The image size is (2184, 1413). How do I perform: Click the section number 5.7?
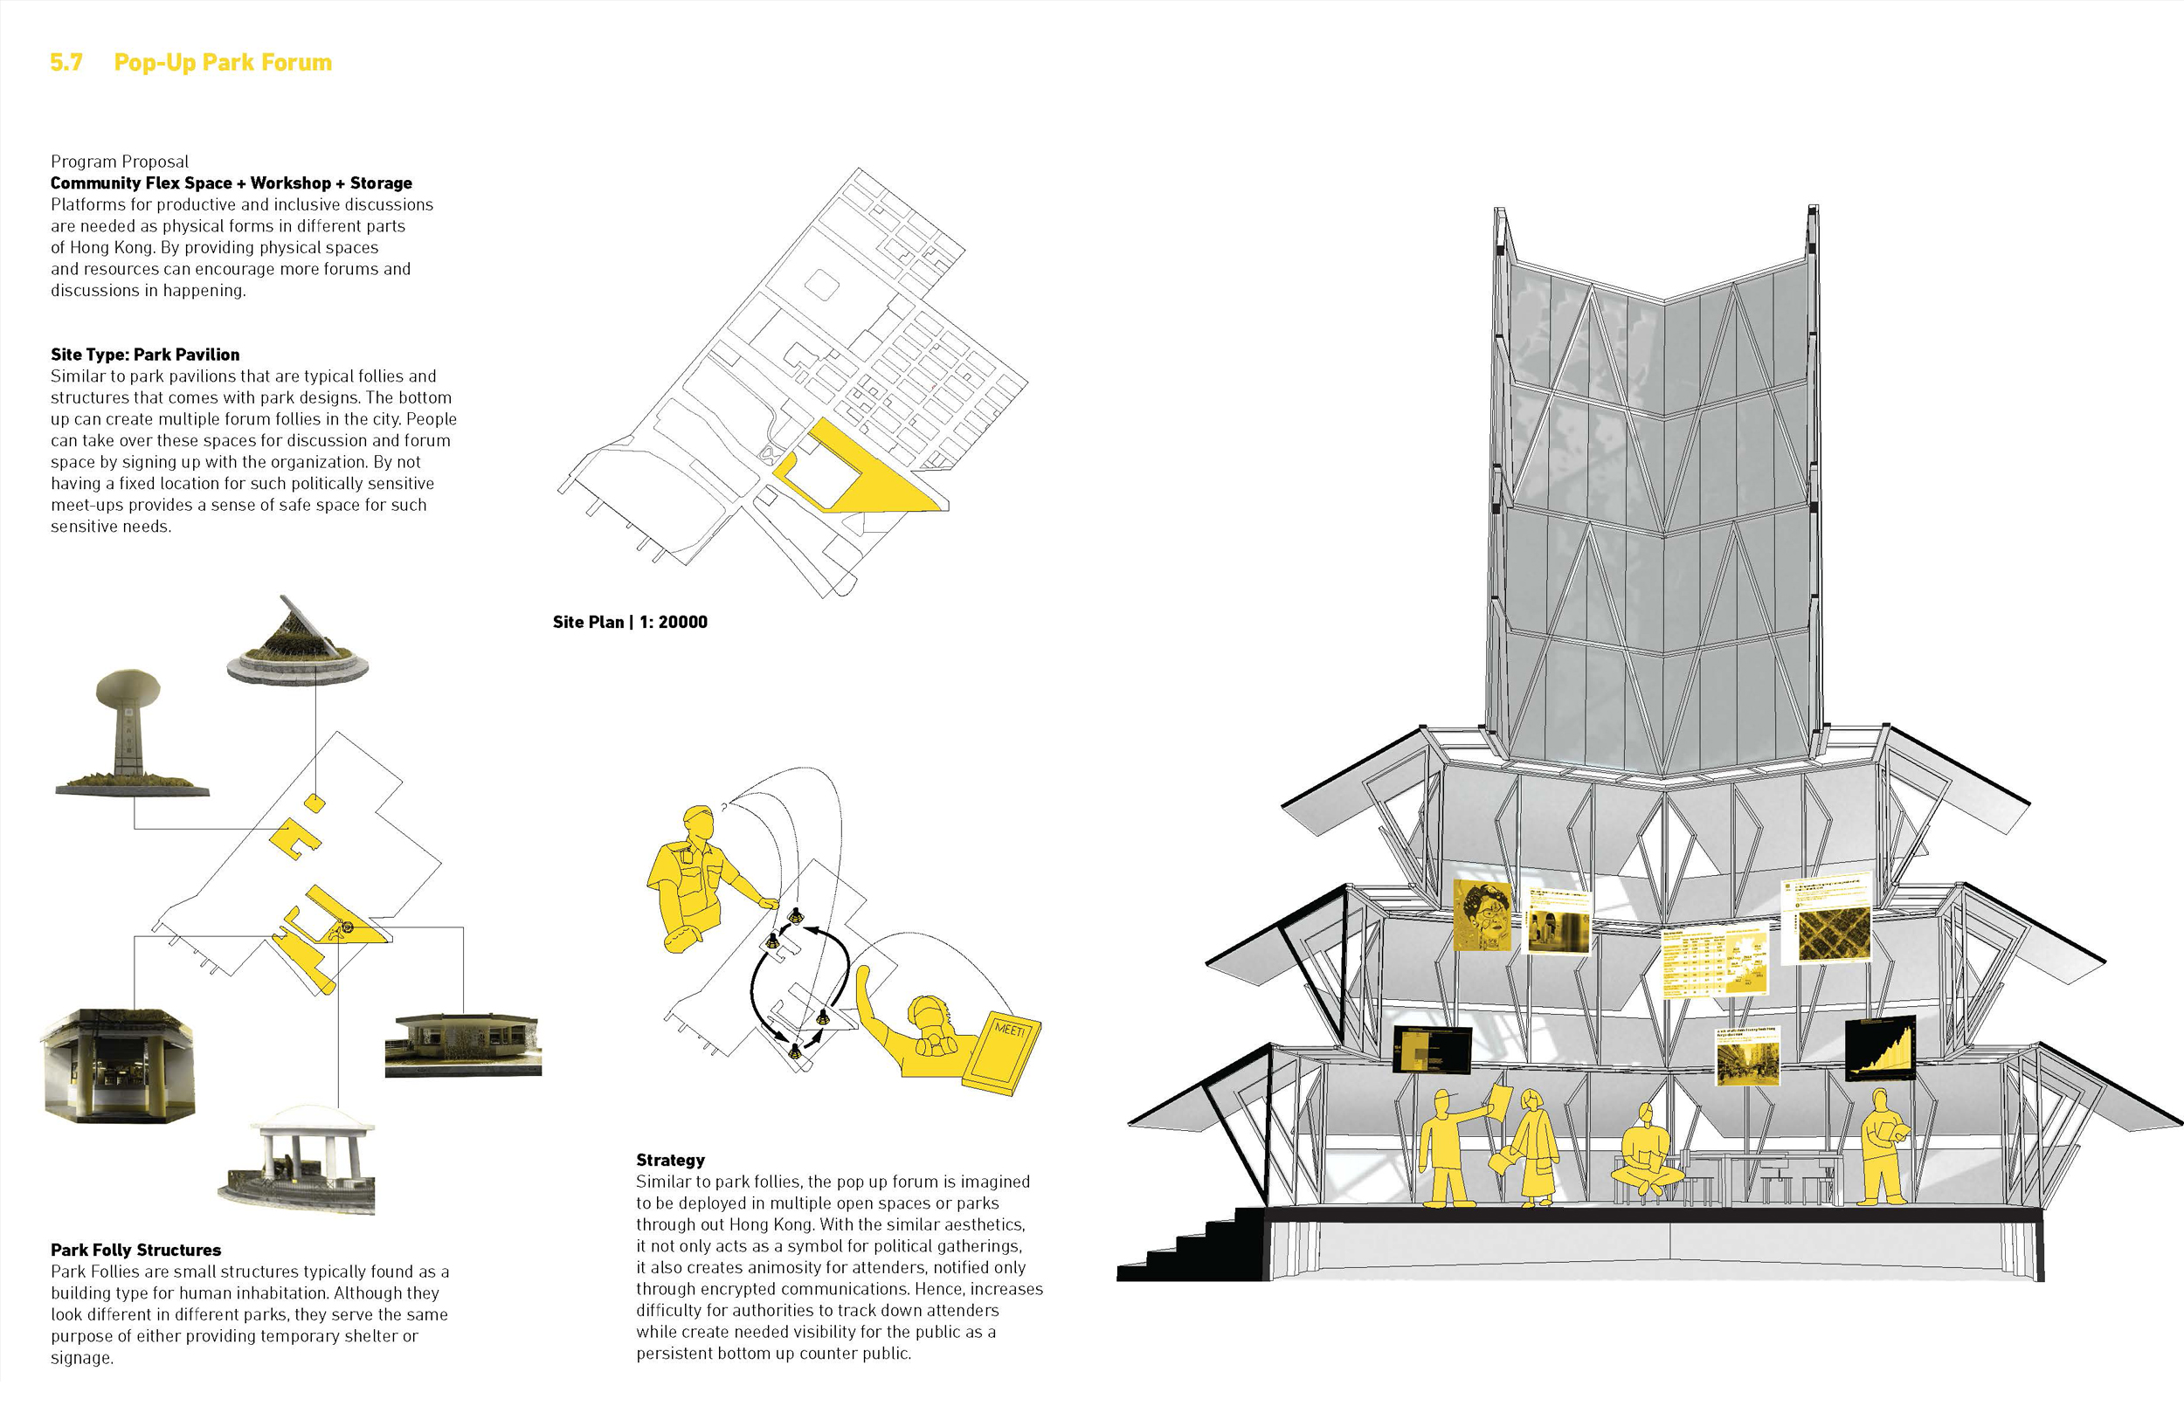pos(66,62)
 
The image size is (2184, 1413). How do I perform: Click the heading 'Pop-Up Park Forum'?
pos(222,62)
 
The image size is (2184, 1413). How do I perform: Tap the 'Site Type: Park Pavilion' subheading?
pos(145,355)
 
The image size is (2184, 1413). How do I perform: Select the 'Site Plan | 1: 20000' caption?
pos(630,622)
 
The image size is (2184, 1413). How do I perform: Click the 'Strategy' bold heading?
pos(670,1160)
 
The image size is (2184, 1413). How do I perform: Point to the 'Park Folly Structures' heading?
pos(135,1250)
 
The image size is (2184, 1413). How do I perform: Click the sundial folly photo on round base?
pos(298,642)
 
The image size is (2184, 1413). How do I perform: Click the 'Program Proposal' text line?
pos(120,162)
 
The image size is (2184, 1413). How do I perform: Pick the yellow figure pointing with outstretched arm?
pos(1450,1147)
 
